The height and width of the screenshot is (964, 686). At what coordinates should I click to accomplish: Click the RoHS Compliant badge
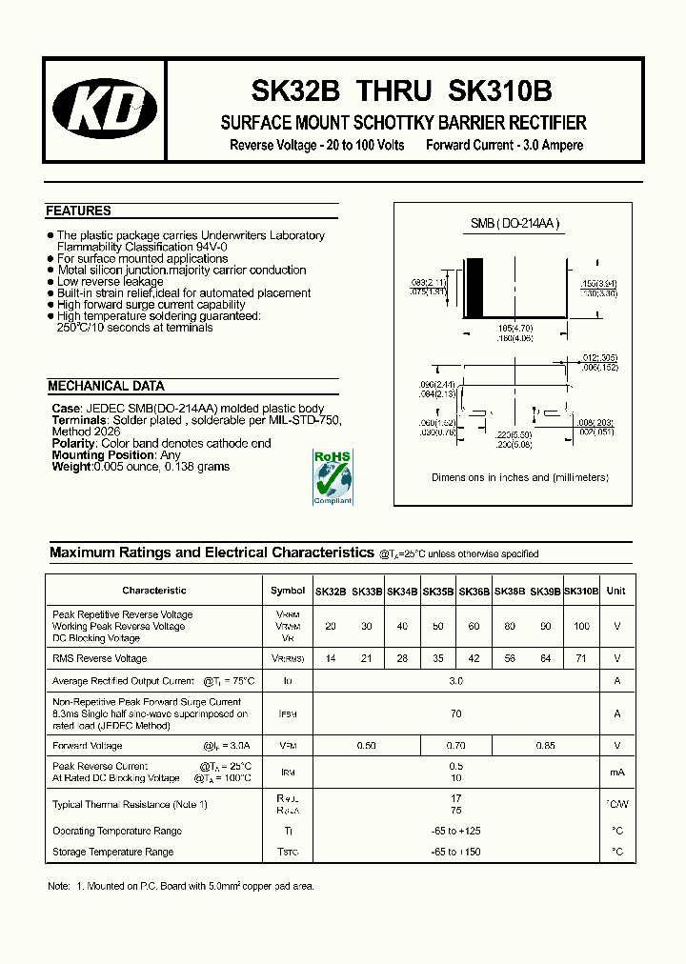coord(333,477)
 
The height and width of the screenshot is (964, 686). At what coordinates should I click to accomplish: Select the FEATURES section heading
coord(79,211)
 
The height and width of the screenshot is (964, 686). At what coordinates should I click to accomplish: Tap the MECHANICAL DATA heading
coord(106,387)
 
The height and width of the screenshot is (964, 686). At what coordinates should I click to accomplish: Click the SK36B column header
coord(474,592)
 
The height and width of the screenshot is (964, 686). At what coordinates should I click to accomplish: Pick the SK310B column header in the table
coord(581,592)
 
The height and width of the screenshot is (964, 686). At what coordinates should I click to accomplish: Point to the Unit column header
coord(616,591)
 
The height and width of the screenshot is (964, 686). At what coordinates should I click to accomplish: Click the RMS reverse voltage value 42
coord(474,658)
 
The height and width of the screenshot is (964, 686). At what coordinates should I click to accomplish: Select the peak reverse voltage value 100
coord(581,627)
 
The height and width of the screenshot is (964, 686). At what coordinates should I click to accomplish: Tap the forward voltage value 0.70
coord(455,746)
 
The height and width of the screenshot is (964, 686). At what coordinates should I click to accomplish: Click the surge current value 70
coord(456,713)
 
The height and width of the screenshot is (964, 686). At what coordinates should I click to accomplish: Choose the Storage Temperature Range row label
coord(112,852)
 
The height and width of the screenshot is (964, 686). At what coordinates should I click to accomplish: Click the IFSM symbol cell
coord(288,713)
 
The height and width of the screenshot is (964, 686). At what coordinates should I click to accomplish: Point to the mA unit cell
coord(616,773)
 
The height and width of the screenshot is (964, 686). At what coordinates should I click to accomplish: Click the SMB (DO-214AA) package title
coord(515,224)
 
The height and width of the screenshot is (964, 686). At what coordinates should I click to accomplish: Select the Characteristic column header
coord(153,591)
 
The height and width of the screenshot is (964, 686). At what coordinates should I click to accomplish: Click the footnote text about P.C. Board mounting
coord(181,886)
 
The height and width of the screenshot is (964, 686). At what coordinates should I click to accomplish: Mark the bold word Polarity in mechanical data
coord(73,444)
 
